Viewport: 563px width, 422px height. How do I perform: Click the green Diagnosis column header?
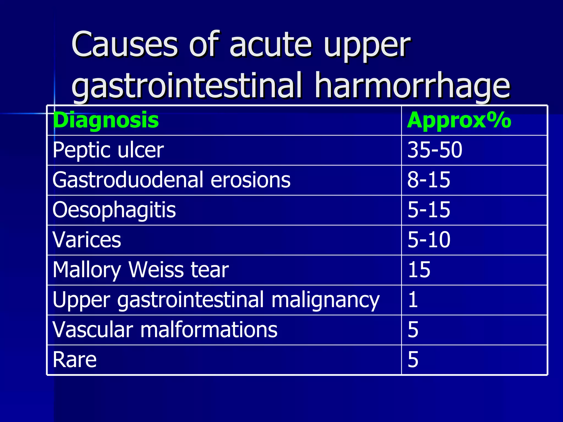pos(106,120)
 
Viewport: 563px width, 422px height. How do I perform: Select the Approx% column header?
pos(459,120)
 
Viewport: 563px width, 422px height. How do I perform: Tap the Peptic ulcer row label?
pos(108,150)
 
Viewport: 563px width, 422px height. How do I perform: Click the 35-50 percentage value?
pos(435,150)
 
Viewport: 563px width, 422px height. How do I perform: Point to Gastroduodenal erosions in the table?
pos(171,180)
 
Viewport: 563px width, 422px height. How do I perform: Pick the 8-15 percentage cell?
pos(429,180)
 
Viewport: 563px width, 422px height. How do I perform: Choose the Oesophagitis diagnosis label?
pos(114,210)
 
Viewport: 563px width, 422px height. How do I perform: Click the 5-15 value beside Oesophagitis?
pos(429,210)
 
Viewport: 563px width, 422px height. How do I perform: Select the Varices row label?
pos(87,240)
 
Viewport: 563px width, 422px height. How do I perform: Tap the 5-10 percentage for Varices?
pos(429,240)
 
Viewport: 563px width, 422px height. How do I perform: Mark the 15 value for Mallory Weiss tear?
pos(419,270)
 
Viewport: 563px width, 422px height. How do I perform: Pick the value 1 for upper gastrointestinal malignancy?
pos(413,300)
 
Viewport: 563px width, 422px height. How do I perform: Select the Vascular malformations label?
pos(165,330)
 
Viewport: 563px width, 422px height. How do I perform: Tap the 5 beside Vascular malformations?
pos(413,330)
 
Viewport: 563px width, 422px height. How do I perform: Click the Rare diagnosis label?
pos(74,360)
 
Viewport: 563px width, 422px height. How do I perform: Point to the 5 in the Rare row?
pos(413,360)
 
